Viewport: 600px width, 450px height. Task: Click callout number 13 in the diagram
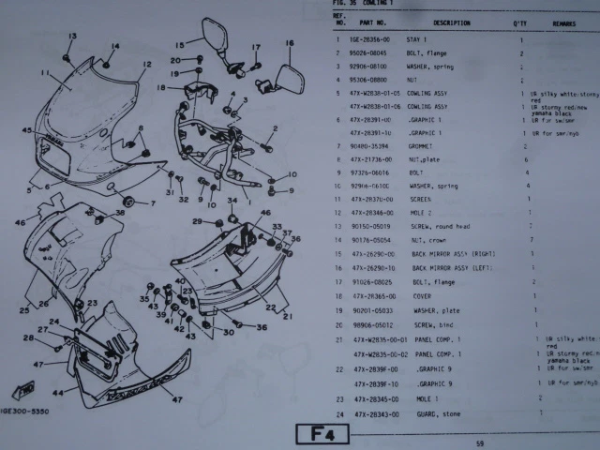point(69,35)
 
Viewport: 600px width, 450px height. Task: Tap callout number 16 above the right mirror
point(289,44)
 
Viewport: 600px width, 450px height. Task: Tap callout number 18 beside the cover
point(160,87)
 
